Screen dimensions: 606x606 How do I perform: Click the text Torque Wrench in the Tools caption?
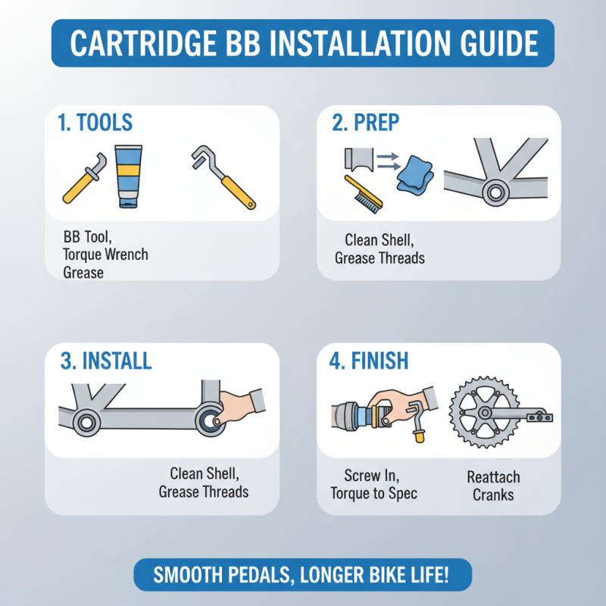tap(106, 255)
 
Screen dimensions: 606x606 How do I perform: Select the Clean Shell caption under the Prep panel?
tap(380, 240)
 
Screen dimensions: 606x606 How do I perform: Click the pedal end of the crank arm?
tap(539, 416)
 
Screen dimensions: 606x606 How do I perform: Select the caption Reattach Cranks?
tap(493, 486)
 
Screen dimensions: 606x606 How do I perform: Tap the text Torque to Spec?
tap(373, 494)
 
